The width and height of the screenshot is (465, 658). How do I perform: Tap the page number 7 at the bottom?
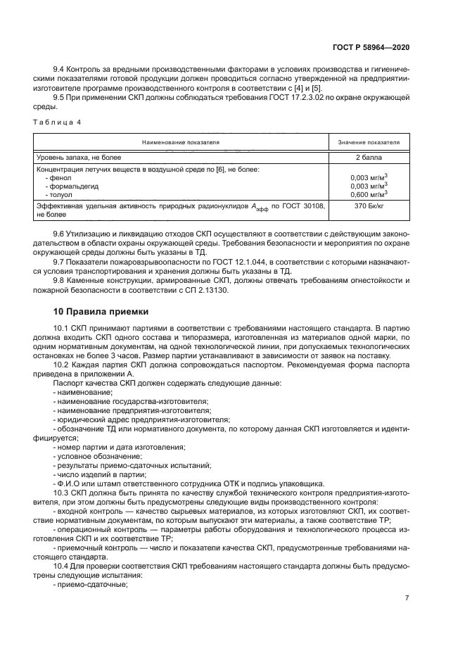tap(407, 598)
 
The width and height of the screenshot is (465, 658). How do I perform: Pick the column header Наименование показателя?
tap(181, 143)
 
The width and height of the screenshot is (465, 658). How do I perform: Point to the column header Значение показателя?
tap(369, 143)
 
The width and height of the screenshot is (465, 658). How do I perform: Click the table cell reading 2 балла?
tap(369, 158)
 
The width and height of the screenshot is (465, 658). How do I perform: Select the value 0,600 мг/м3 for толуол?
tap(369, 194)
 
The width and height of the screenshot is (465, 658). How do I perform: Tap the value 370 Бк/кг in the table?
tap(369, 206)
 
